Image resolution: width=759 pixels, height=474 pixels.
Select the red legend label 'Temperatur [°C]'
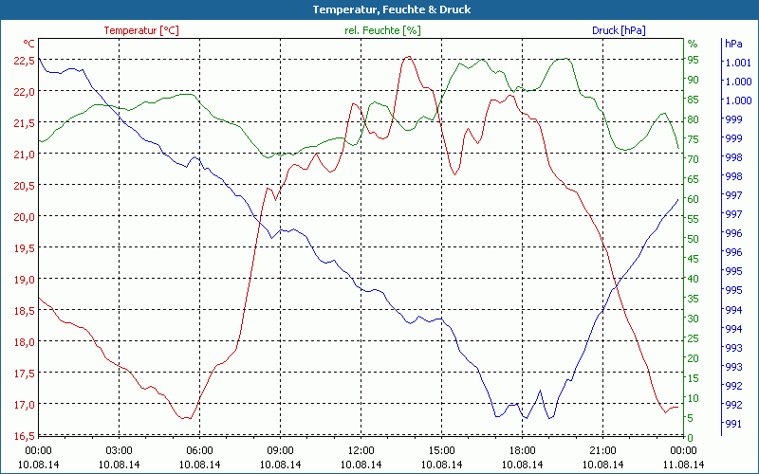(x=140, y=30)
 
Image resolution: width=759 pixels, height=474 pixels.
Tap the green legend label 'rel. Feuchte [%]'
(x=381, y=30)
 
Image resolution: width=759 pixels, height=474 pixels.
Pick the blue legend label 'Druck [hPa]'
(x=619, y=30)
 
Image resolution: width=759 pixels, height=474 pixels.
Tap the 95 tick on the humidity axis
(x=694, y=59)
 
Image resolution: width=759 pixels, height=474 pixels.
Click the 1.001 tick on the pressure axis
(x=738, y=63)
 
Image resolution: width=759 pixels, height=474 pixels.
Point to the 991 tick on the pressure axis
(x=733, y=424)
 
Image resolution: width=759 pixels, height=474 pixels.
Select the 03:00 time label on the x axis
(x=119, y=450)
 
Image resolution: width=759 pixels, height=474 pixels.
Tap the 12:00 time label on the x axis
(x=361, y=450)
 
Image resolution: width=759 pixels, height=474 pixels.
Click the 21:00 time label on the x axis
(x=602, y=450)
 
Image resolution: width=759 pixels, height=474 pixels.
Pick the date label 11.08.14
(x=683, y=465)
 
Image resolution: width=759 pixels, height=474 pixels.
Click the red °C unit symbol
(x=29, y=44)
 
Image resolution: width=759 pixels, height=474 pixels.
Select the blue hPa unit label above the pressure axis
(x=733, y=44)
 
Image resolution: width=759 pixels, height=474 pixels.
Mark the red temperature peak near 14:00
(x=408, y=57)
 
